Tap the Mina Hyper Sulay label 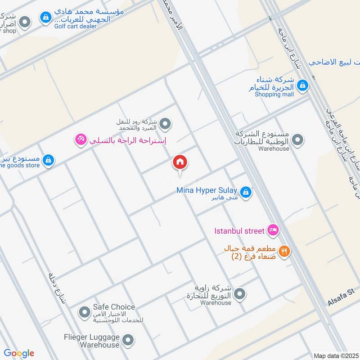click(x=207, y=190)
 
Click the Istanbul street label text click(x=238, y=231)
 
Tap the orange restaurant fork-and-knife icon click(x=283, y=252)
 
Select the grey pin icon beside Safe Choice click(x=84, y=311)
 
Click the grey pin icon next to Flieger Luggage click(x=128, y=341)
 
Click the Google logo click(x=19, y=353)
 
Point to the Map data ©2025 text click(x=335, y=355)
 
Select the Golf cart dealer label click(x=76, y=26)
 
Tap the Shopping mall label click(x=274, y=94)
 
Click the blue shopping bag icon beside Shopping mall click(x=303, y=85)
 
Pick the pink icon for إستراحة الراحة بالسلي click(x=81, y=141)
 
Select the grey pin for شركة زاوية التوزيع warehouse click(x=240, y=294)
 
